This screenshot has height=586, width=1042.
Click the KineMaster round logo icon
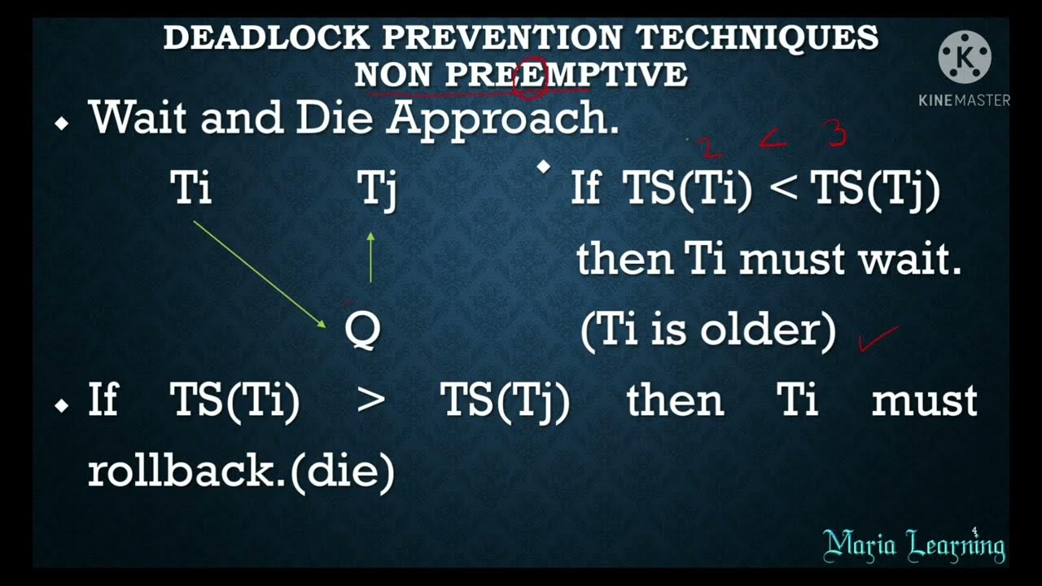point(965,57)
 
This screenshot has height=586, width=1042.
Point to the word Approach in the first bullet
point(502,118)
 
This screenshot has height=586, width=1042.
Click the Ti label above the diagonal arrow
point(191,189)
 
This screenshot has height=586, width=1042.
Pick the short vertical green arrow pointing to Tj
point(371,257)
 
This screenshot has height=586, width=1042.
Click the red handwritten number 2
point(707,147)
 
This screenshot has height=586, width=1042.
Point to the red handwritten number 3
point(838,134)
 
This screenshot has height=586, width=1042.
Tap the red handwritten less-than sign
point(773,143)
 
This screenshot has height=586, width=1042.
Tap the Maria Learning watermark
point(913,544)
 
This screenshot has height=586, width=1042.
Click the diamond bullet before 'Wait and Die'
point(62,124)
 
